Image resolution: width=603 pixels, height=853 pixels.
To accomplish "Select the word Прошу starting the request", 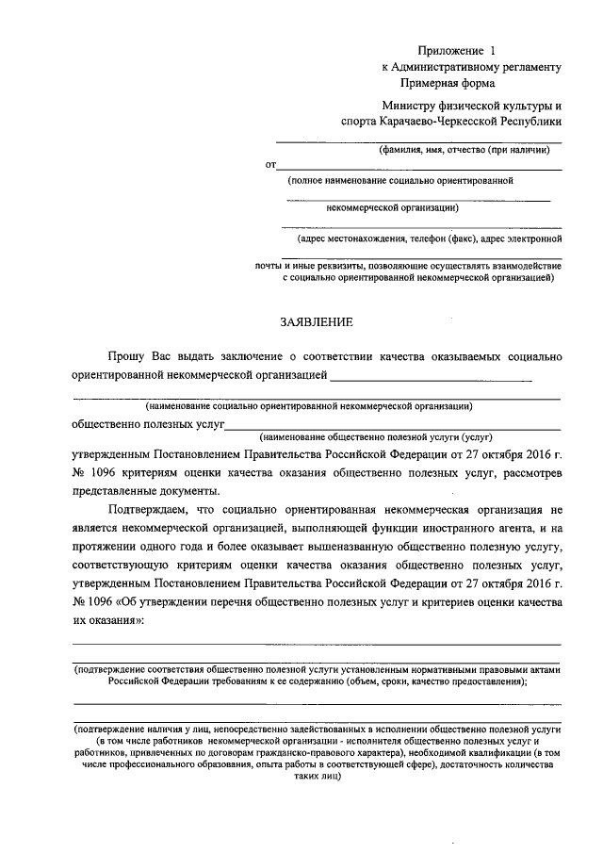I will point(124,356).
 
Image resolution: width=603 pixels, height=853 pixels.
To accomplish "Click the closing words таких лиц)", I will point(316,780).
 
